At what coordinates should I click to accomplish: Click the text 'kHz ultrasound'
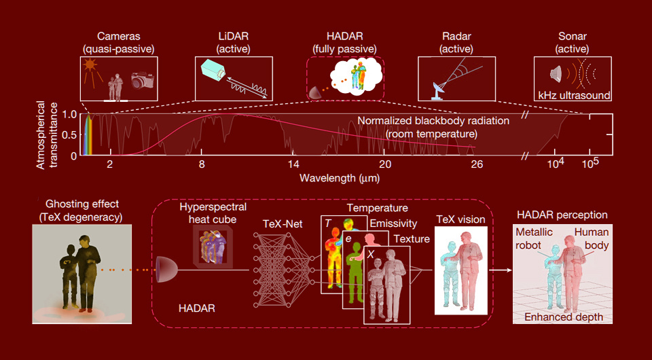pos(574,95)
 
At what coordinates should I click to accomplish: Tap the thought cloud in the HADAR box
pos(353,73)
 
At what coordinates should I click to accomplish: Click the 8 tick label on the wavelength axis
pos(202,165)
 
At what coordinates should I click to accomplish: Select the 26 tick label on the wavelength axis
pos(476,165)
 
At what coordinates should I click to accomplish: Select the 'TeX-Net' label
pos(280,223)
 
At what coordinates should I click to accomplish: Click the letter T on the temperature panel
pos(327,223)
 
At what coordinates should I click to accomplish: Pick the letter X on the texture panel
pos(370,253)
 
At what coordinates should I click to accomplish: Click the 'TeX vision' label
pos(460,219)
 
